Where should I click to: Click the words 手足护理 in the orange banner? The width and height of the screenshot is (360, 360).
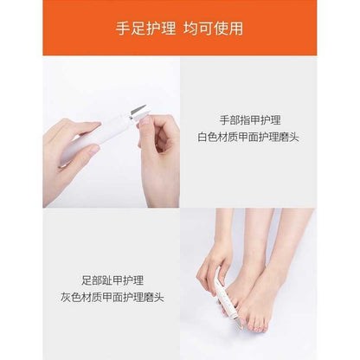(x=145, y=29)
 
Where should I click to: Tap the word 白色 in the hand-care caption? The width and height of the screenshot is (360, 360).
(x=209, y=137)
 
